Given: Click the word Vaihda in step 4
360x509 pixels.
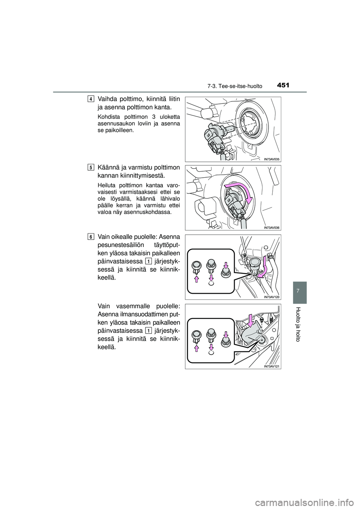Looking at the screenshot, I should [x=106, y=99].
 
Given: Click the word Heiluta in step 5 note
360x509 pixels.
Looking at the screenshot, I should [x=106, y=185].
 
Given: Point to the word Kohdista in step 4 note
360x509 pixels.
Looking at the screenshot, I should [x=108, y=117].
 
